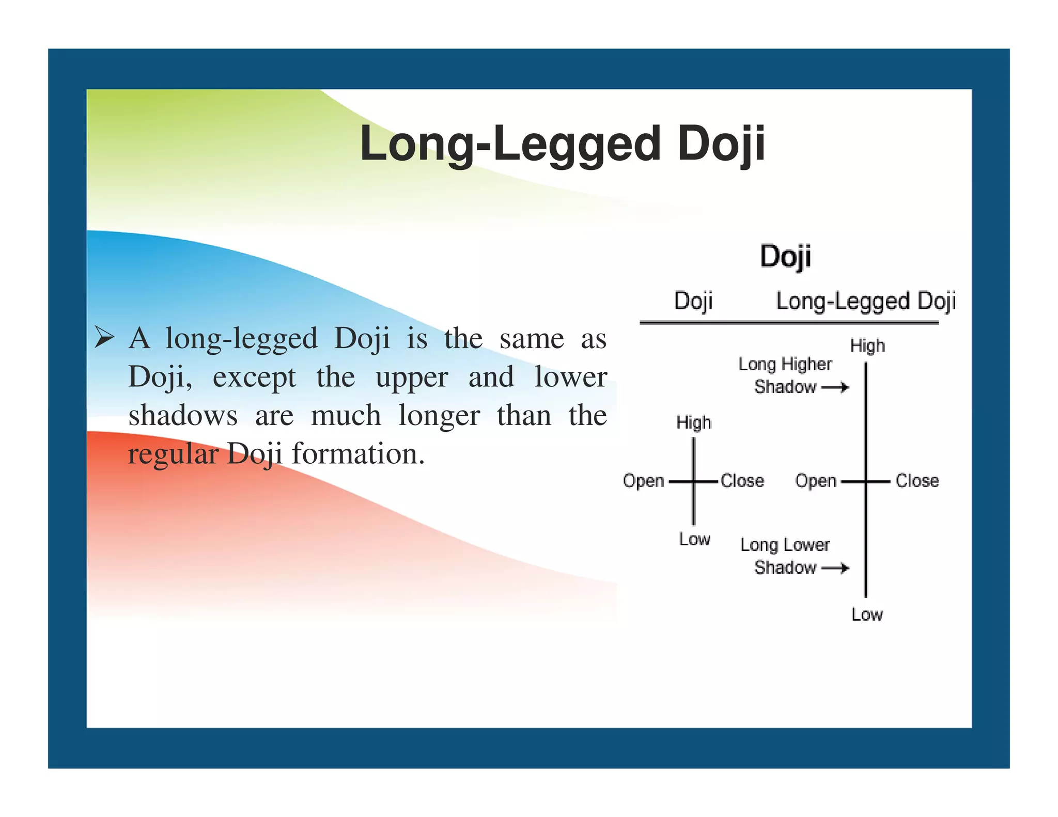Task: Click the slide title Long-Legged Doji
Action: [x=562, y=144]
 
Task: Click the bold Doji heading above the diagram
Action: [x=785, y=256]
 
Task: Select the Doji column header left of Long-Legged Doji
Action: [x=693, y=301]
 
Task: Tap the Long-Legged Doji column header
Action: [x=866, y=301]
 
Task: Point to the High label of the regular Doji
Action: [x=694, y=423]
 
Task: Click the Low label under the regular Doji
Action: [x=694, y=539]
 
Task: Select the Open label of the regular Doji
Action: [x=643, y=481]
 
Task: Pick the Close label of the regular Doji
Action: [x=742, y=481]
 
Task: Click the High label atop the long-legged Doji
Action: [x=867, y=345]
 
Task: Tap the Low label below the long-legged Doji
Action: [x=867, y=615]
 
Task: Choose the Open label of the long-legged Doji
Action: [x=815, y=481]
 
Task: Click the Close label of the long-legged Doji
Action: [x=917, y=481]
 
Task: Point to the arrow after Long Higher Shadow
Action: [x=835, y=387]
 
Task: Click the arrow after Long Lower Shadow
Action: [x=835, y=568]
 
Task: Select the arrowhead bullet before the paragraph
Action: [x=104, y=339]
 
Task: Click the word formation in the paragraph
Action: [x=358, y=454]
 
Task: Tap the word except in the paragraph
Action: [x=254, y=377]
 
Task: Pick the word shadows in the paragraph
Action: [x=183, y=416]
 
